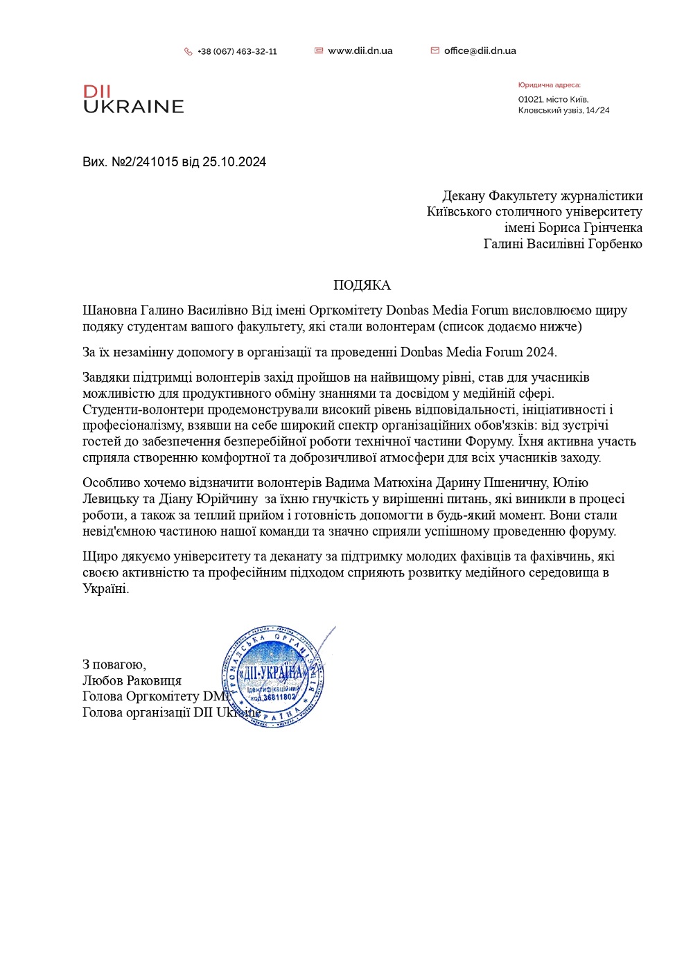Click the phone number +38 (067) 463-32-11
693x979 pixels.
[237, 51]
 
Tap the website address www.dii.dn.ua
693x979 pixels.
[360, 51]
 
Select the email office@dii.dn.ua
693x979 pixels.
[480, 51]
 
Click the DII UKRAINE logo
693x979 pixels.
[133, 99]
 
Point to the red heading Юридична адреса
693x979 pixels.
[549, 85]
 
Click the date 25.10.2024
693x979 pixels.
[234, 162]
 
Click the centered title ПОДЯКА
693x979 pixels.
[362, 285]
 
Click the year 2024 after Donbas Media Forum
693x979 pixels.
[541, 352]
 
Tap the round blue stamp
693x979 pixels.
[274, 678]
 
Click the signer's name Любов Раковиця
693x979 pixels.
[132, 681]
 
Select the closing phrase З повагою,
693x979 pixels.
[114, 665]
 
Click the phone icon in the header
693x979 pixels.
[188, 51]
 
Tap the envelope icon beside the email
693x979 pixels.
[435, 51]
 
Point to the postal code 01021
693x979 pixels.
[530, 100]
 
